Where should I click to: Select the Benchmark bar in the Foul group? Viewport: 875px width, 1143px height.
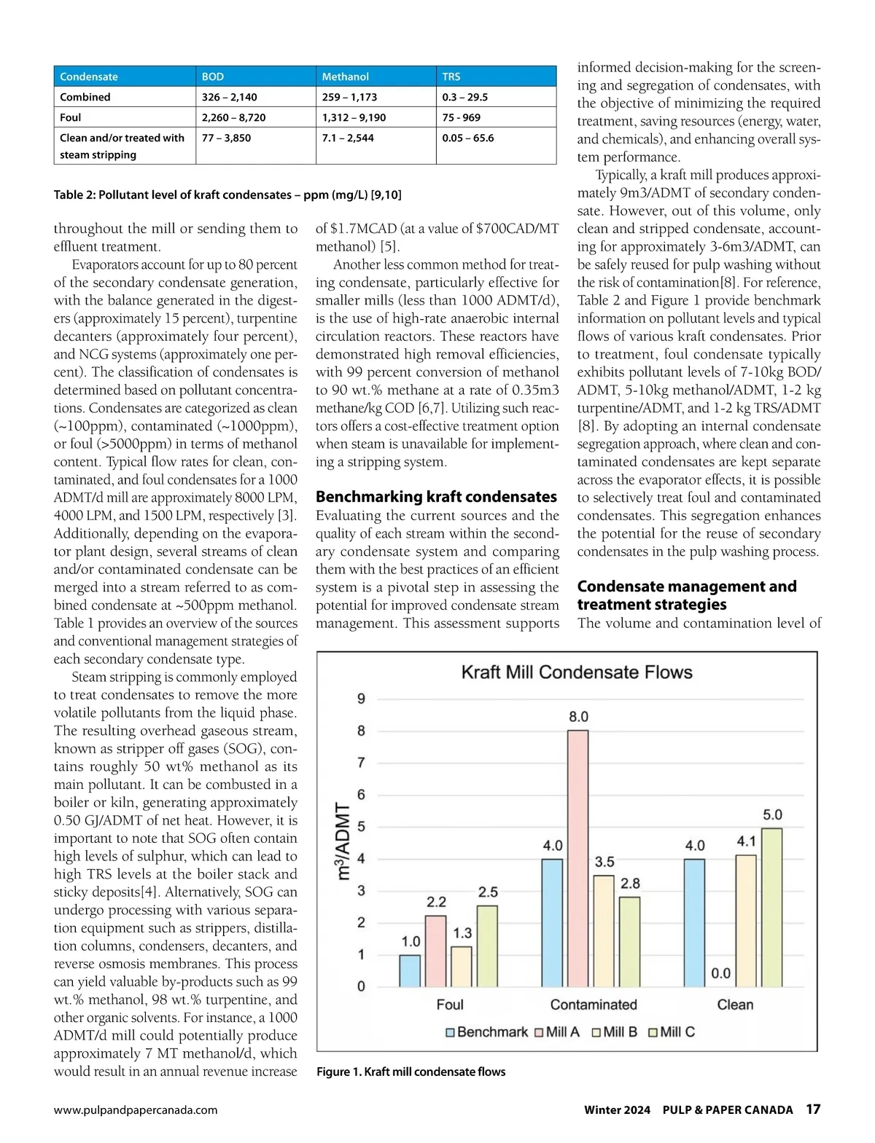pyautogui.click(x=410, y=970)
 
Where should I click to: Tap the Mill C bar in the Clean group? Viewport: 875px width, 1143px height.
pyautogui.click(x=772, y=907)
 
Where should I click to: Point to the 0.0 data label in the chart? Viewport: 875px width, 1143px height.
pyautogui.click(x=721, y=973)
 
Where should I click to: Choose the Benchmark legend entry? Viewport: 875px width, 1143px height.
pyautogui.click(x=486, y=1032)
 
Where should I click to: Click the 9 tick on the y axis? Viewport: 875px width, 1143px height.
pyautogui.click(x=361, y=699)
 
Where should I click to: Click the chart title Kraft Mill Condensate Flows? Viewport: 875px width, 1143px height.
pyautogui.click(x=577, y=672)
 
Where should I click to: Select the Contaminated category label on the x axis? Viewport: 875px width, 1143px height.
pyautogui.click(x=593, y=1005)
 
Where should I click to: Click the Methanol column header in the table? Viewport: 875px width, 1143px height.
pyautogui.click(x=346, y=76)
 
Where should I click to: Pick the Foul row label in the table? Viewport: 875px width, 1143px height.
pyautogui.click(x=71, y=117)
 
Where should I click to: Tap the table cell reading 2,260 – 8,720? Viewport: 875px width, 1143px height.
pyautogui.click(x=233, y=117)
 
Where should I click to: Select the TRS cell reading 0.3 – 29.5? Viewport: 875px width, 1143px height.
pyautogui.click(x=464, y=97)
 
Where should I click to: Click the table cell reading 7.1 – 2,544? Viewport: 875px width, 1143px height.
pyautogui.click(x=348, y=138)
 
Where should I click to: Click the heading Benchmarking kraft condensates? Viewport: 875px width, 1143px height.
pyautogui.click(x=436, y=497)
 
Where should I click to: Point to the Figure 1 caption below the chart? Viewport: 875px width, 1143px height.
pyautogui.click(x=411, y=1072)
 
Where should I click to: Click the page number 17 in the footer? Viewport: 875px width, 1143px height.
pyautogui.click(x=813, y=1109)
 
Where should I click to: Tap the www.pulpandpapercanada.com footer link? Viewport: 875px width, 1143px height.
pyautogui.click(x=136, y=1110)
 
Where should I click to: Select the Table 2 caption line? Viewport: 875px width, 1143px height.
pyautogui.click(x=227, y=195)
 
